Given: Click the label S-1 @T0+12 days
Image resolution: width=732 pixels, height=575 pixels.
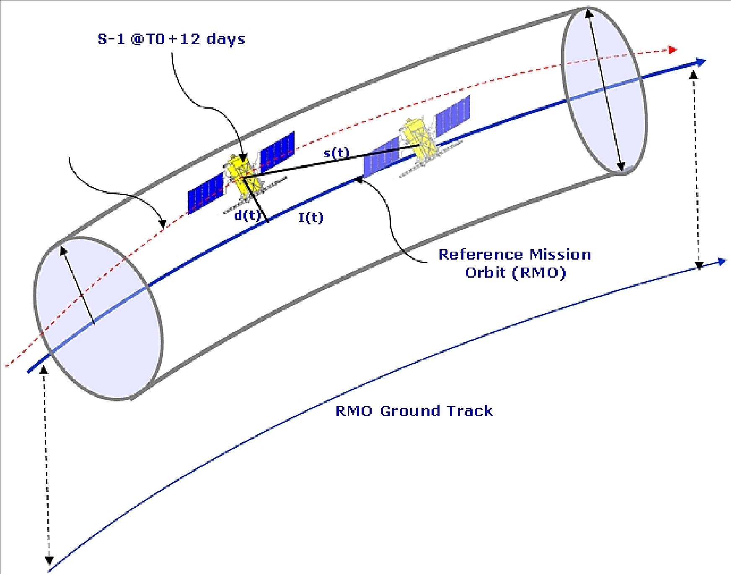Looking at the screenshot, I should tap(171, 39).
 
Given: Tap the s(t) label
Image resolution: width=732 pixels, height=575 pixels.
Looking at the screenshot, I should tap(336, 153).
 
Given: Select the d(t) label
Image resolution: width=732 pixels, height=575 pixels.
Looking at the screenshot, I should tap(247, 216).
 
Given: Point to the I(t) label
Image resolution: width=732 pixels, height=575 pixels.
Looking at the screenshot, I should tap(311, 217).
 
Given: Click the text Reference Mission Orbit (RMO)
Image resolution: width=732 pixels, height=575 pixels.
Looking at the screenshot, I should tap(515, 263).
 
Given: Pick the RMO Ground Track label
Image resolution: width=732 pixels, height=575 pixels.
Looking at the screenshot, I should tap(414, 411).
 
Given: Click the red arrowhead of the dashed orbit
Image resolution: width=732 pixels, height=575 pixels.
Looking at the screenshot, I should tap(673, 50).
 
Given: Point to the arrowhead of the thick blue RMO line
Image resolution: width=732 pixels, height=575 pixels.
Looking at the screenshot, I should tap(701, 62).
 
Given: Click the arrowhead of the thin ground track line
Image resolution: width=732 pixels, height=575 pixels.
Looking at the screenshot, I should tap(722, 262).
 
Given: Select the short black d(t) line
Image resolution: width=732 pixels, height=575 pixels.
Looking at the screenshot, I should tap(255, 199).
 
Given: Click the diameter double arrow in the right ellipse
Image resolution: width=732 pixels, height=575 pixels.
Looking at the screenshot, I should tap(605, 90).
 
